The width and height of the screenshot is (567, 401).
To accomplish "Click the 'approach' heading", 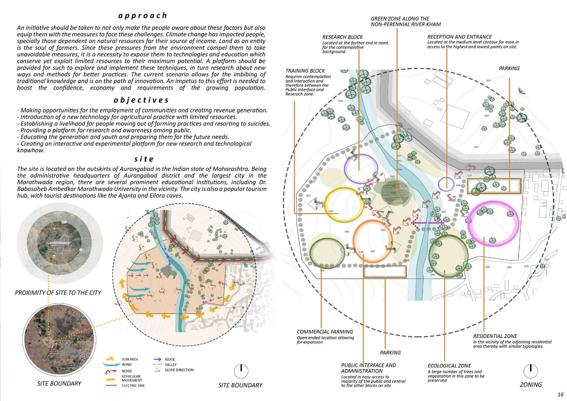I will point(143,15).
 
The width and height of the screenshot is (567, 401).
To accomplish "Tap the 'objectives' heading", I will point(141,100).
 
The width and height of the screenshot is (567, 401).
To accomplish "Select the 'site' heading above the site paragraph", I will point(144,159).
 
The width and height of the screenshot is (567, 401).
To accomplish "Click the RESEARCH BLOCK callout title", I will point(342,37).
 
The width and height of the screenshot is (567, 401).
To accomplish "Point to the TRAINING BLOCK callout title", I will point(305,71).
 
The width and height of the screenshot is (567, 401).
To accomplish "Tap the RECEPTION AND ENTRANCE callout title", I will point(460,37).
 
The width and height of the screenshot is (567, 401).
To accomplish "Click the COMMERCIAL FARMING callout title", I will point(325,332).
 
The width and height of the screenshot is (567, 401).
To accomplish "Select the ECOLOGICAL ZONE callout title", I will point(449,366).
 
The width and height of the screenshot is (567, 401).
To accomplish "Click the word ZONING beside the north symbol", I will point(531,385).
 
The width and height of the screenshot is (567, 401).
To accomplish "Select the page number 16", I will point(560,395).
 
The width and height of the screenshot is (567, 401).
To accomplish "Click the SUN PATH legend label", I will point(130,359).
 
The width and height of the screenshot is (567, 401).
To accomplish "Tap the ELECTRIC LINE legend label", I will point(133,386).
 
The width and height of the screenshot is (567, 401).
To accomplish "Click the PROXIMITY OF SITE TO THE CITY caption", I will point(58,293).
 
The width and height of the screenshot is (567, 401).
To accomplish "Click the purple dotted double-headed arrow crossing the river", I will point(427,222).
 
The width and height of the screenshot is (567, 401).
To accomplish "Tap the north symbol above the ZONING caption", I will point(530,371).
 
